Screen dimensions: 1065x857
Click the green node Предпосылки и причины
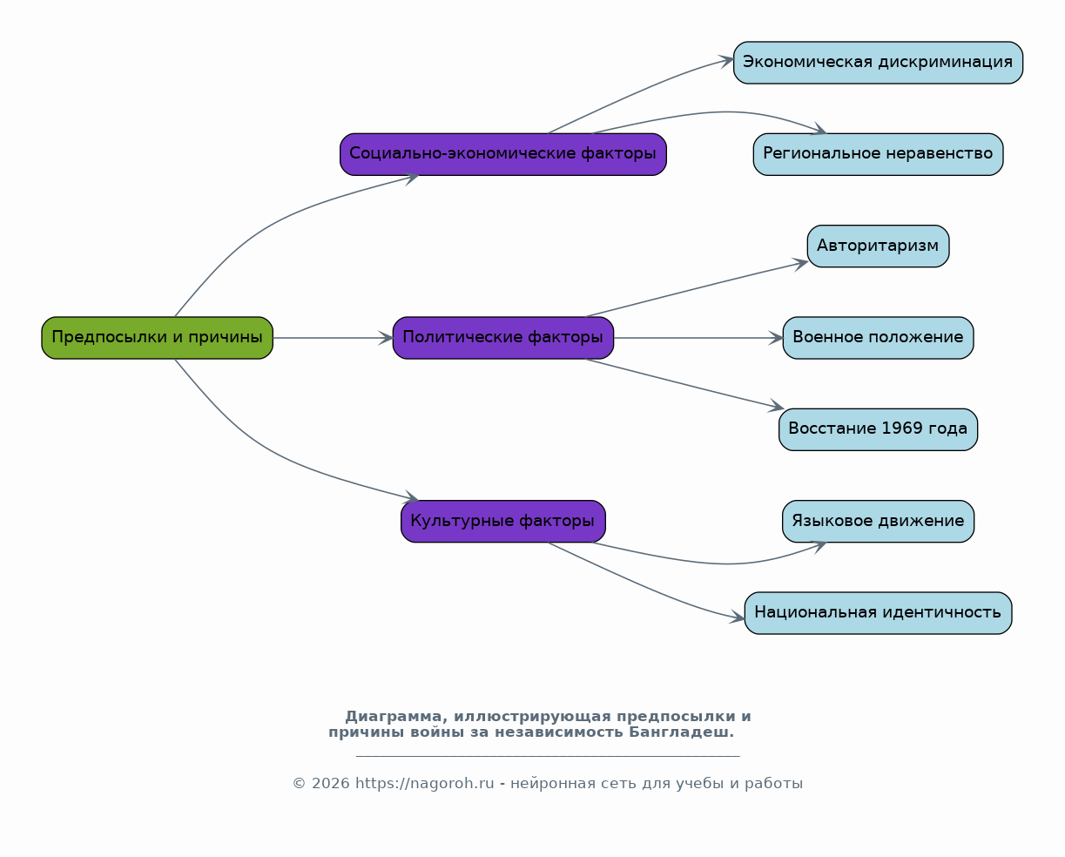point(157,338)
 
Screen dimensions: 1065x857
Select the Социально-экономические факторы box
point(502,154)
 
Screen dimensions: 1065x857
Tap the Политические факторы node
point(502,338)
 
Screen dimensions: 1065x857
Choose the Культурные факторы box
point(502,522)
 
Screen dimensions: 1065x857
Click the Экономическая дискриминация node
point(878,63)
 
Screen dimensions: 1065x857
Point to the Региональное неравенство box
point(878,154)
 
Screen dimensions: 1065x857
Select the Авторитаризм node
point(878,246)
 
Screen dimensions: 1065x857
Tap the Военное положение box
point(878,338)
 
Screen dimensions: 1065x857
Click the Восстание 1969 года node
point(878,429)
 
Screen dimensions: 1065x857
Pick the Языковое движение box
point(878,522)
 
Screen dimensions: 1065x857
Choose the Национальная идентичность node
point(878,613)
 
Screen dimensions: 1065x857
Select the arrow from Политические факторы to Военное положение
point(698,338)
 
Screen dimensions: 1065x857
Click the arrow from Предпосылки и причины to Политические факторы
point(333,338)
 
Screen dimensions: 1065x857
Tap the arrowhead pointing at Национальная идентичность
point(738,617)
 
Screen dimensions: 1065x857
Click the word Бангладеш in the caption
point(681,732)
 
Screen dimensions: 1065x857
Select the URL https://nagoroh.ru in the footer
point(425,784)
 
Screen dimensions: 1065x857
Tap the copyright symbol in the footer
point(299,784)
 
